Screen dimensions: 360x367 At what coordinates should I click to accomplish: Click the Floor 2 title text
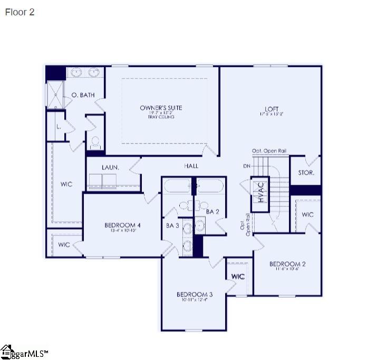[x=20, y=12]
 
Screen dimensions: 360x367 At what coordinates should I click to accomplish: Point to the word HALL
[x=191, y=166]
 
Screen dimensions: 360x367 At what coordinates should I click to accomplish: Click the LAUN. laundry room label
[x=110, y=167]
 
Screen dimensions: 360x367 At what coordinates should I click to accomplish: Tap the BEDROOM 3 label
[x=195, y=295]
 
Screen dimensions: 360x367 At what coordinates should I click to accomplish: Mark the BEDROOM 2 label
[x=287, y=264]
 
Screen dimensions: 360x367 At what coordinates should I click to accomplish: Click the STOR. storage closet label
[x=306, y=173]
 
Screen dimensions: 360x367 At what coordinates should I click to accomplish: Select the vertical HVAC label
[x=259, y=193]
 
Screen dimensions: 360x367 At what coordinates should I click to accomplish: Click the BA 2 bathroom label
[x=213, y=212]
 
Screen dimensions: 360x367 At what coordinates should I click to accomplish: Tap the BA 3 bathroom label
[x=172, y=225]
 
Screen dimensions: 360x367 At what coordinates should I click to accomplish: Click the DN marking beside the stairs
[x=247, y=166]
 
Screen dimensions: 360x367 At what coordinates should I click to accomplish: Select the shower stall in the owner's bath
[x=55, y=95]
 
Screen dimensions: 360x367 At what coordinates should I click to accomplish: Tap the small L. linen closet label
[x=58, y=127]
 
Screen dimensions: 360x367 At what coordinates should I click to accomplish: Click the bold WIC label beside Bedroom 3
[x=238, y=276]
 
